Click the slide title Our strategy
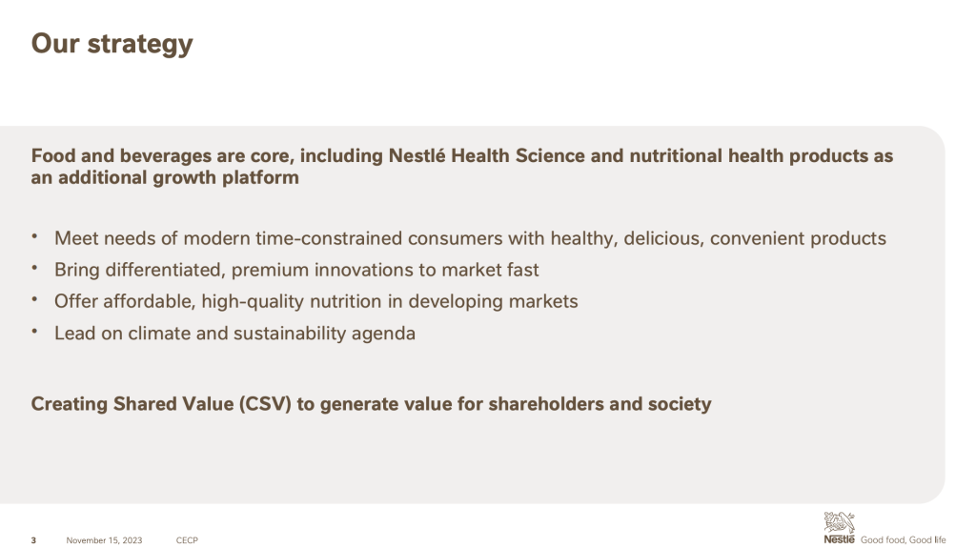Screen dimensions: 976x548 pyautogui.click(x=112, y=44)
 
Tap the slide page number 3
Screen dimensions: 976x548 pyautogui.click(x=33, y=540)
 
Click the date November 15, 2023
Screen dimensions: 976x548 pyautogui.click(x=104, y=540)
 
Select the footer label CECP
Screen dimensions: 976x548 pyautogui.click(x=187, y=540)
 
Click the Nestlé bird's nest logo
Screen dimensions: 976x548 pyautogui.click(x=839, y=527)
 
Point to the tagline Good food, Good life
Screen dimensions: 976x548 pyautogui.click(x=904, y=540)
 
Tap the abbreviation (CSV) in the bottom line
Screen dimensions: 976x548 pyautogui.click(x=265, y=404)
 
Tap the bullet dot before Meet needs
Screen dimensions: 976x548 pyautogui.click(x=35, y=236)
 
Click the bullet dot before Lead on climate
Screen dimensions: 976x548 pyautogui.click(x=35, y=332)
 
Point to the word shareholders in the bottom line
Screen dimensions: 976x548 pyautogui.click(x=546, y=404)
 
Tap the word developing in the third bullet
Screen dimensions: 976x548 pyautogui.click(x=456, y=301)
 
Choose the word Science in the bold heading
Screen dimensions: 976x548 pyautogui.click(x=550, y=155)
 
